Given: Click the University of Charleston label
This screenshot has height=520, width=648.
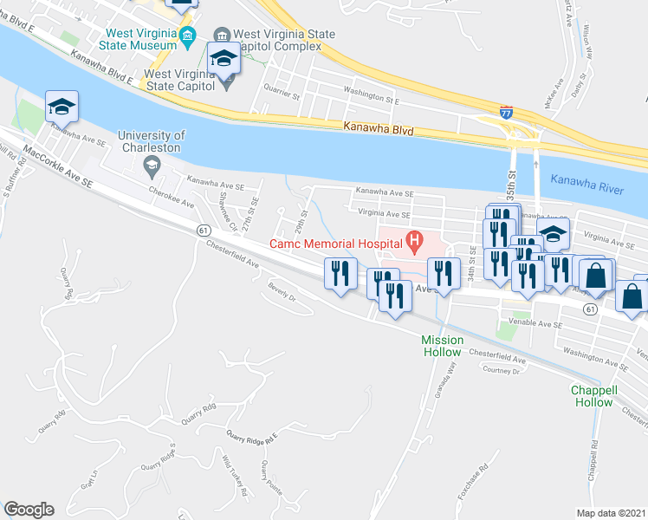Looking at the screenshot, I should coord(152,141).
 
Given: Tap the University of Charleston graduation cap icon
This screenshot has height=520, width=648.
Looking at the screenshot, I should coord(152,165).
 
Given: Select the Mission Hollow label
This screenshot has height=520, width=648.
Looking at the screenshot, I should coord(443,346).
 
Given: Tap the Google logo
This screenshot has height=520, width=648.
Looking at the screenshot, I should coord(29,510).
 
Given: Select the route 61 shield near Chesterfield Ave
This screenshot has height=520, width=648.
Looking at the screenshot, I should coord(203,230).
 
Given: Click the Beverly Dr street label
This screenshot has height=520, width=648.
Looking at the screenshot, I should coord(282,296).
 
